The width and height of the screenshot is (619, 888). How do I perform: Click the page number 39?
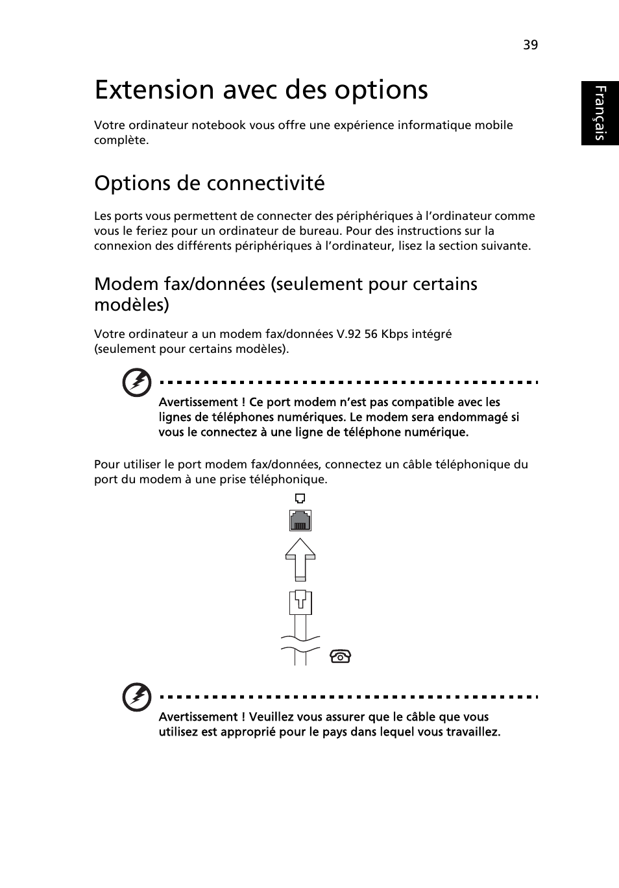pyautogui.click(x=530, y=45)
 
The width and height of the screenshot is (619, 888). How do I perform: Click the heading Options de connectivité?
pyautogui.click(x=209, y=184)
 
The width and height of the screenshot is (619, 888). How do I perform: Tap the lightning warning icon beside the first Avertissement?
pyautogui.click(x=137, y=383)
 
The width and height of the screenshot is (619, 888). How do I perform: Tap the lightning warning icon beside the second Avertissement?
pyautogui.click(x=137, y=698)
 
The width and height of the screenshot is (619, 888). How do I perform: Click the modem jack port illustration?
pyautogui.click(x=300, y=520)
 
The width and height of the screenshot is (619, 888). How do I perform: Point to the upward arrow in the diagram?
pyautogui.click(x=300, y=558)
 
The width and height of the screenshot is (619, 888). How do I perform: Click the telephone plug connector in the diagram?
pyautogui.click(x=300, y=603)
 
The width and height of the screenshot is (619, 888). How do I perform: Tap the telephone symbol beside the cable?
pyautogui.click(x=341, y=656)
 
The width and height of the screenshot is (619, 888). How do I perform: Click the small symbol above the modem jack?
pyautogui.click(x=300, y=499)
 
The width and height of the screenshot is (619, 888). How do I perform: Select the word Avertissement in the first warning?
pyautogui.click(x=198, y=402)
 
